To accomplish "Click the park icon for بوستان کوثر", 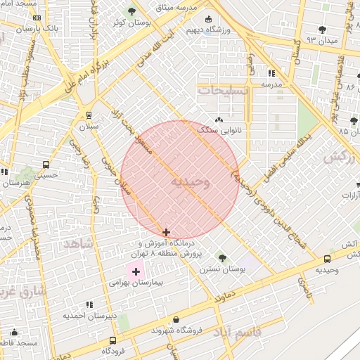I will coord(131,11).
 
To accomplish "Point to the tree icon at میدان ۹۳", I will coord(322,30).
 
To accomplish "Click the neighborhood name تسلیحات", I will coord(223,91).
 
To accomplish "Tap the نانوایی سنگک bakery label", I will coord(220,130).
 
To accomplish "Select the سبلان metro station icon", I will coord(89,115).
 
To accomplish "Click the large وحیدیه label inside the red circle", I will coord(188,181).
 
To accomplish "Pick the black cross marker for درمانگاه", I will coord(166,232).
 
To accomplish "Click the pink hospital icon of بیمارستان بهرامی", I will coord(136,271).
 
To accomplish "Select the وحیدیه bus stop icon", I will coord(326,259).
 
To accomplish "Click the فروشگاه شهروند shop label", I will coord(175,330).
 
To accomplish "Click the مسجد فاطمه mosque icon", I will coord(14,333).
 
